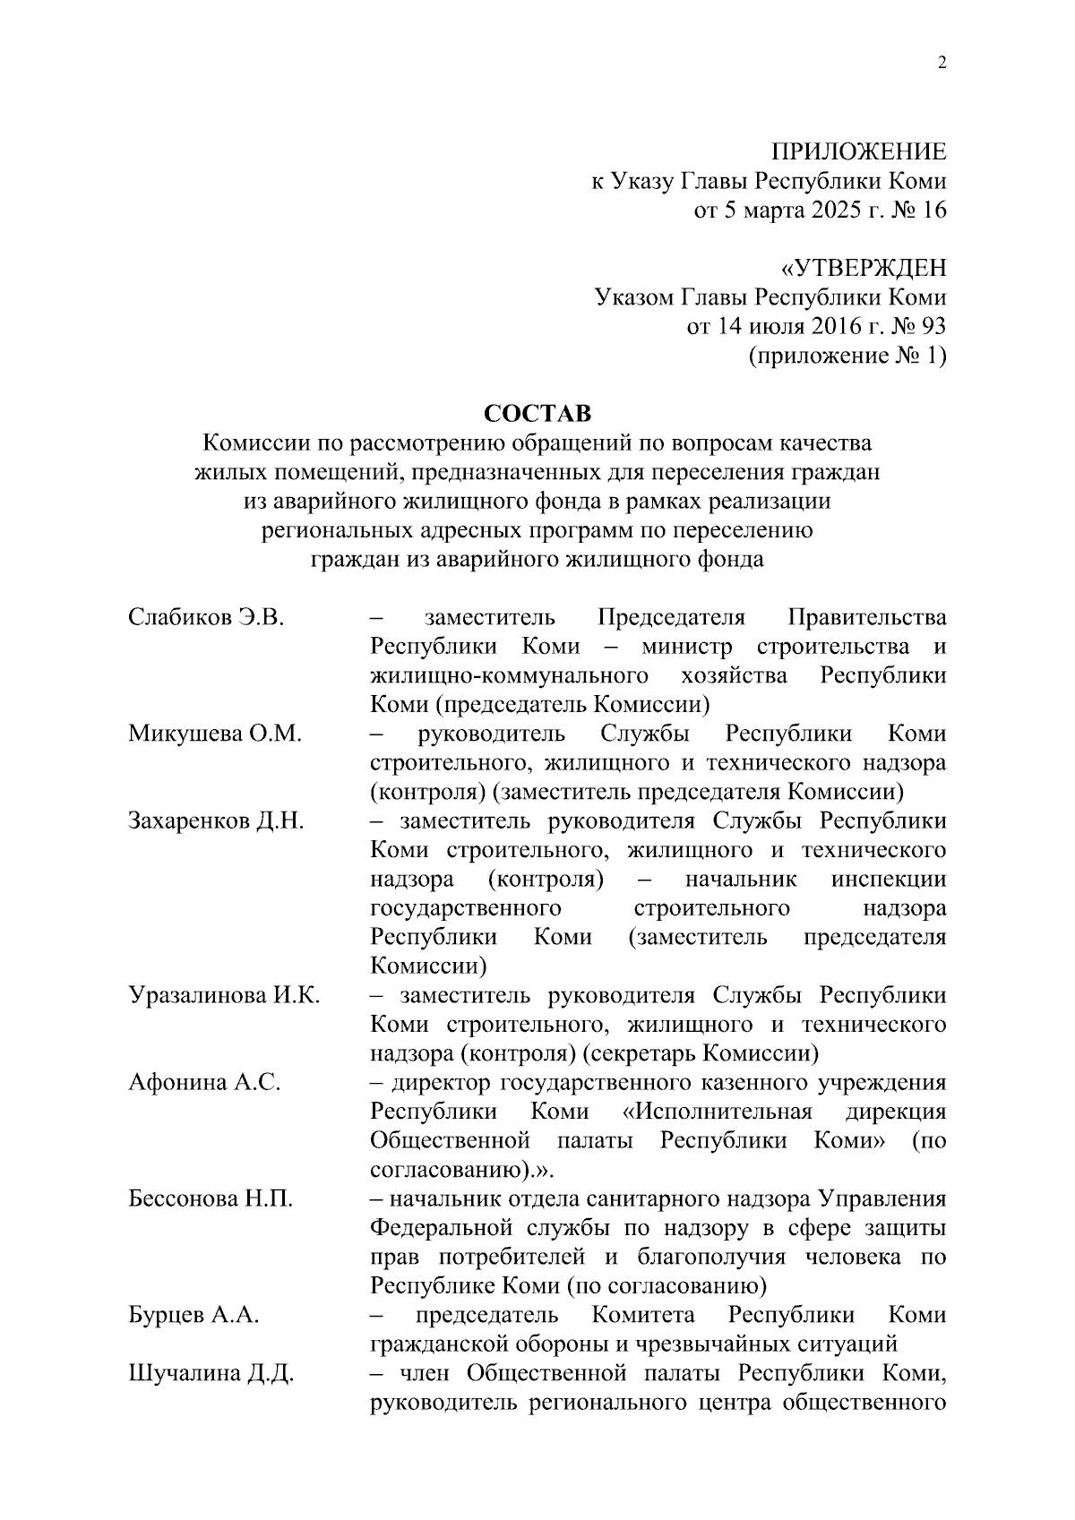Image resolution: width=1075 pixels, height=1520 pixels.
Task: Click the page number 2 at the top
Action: pyautogui.click(x=941, y=64)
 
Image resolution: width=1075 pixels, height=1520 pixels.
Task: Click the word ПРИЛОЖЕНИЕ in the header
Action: pyautogui.click(x=859, y=152)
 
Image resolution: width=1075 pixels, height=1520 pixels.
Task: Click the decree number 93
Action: pyautogui.click(x=933, y=327)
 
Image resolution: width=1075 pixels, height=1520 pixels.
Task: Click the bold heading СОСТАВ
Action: pyautogui.click(x=537, y=414)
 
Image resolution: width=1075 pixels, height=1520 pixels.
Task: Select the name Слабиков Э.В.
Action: pyautogui.click(x=206, y=617)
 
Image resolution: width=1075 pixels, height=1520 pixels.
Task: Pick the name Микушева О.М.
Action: pyautogui.click(x=214, y=734)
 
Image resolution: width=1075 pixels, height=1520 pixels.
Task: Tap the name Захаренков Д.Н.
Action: pyautogui.click(x=216, y=821)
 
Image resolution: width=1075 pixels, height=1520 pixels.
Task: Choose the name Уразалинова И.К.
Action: pyautogui.click(x=224, y=996)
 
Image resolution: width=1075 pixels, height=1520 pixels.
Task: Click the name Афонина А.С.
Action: pyautogui.click(x=204, y=1083)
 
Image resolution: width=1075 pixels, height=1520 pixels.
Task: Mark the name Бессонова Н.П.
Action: pyautogui.click(x=211, y=1199)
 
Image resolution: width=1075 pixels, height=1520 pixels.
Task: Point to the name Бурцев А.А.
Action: pyautogui.click(x=193, y=1316)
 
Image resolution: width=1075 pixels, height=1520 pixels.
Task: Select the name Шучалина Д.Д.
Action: pyautogui.click(x=211, y=1374)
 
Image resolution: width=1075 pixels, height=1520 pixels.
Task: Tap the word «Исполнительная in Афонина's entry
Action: pyautogui.click(x=717, y=1112)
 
